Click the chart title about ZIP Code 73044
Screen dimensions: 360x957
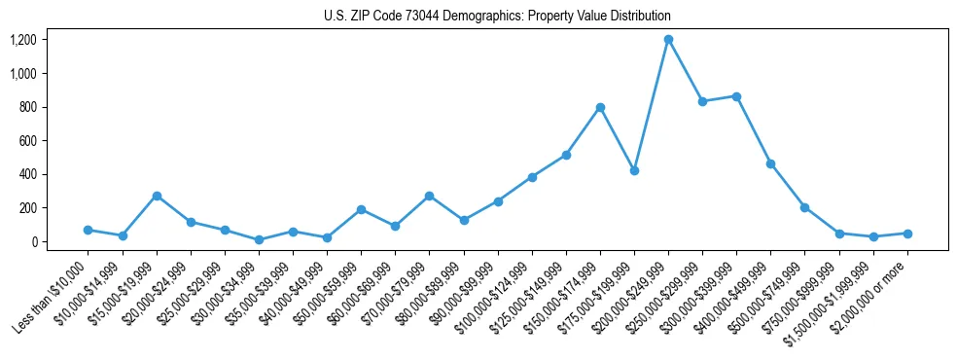497,17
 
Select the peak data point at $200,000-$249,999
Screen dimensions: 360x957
668,40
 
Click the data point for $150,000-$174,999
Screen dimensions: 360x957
600,107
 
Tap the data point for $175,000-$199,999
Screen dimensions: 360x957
634,170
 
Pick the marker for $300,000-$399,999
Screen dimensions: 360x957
736,96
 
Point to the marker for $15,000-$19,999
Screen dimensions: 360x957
157,196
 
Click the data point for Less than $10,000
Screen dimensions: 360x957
89,230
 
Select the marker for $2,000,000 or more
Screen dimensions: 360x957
907,234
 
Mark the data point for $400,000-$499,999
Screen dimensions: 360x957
770,163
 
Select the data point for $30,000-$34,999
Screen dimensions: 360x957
259,239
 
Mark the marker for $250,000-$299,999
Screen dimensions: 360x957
702,101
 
